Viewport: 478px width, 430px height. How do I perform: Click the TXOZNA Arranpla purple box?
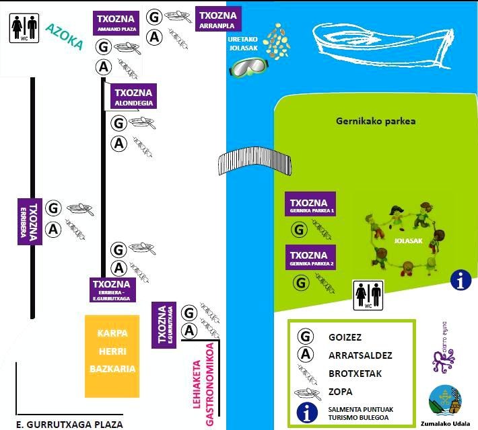pyautogui.click(x=219, y=19)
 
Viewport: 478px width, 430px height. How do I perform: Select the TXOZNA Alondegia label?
pyautogui.click(x=134, y=97)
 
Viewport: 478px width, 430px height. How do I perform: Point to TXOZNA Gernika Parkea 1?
pyautogui.click(x=311, y=206)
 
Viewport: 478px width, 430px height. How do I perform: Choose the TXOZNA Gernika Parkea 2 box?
pyautogui.click(x=311, y=259)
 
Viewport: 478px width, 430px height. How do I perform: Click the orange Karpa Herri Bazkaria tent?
pyautogui.click(x=113, y=355)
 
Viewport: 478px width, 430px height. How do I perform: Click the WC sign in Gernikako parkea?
pyautogui.click(x=368, y=296)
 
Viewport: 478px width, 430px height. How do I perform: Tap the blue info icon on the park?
pyautogui.click(x=461, y=280)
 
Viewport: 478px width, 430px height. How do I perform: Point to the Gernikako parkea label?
pyautogui.click(x=376, y=122)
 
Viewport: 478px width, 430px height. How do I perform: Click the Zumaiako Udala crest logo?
pyautogui.click(x=445, y=401)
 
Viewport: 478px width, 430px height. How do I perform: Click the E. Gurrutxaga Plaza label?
pyautogui.click(x=70, y=424)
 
